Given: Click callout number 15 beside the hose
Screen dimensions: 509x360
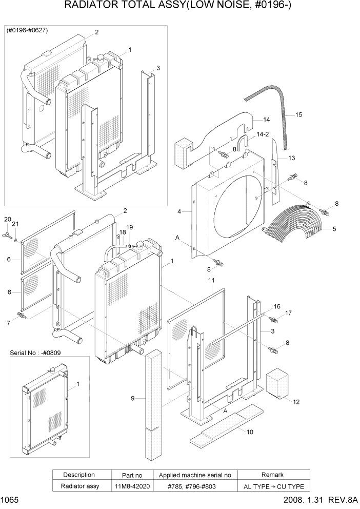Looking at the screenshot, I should (x=299, y=115).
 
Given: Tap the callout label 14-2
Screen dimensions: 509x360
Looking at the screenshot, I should (x=263, y=134).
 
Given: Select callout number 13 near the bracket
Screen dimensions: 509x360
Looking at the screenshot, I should (x=291, y=158).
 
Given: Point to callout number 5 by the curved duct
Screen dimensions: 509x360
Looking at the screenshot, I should (x=334, y=229).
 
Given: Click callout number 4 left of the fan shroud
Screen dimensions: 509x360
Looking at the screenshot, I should (x=179, y=211).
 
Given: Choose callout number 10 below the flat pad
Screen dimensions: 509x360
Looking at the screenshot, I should (x=250, y=432).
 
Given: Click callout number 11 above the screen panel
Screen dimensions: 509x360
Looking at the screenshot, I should (x=211, y=280).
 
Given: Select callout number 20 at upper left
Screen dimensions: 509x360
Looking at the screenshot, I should (x=7, y=220).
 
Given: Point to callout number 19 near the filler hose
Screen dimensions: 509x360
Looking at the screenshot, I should (x=129, y=227).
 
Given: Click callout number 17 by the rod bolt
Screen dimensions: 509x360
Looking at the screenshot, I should (x=288, y=312).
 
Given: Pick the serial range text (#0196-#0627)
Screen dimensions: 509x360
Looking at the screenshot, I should (x=27, y=30).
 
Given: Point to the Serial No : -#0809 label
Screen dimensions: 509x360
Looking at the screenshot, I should (x=35, y=353).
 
